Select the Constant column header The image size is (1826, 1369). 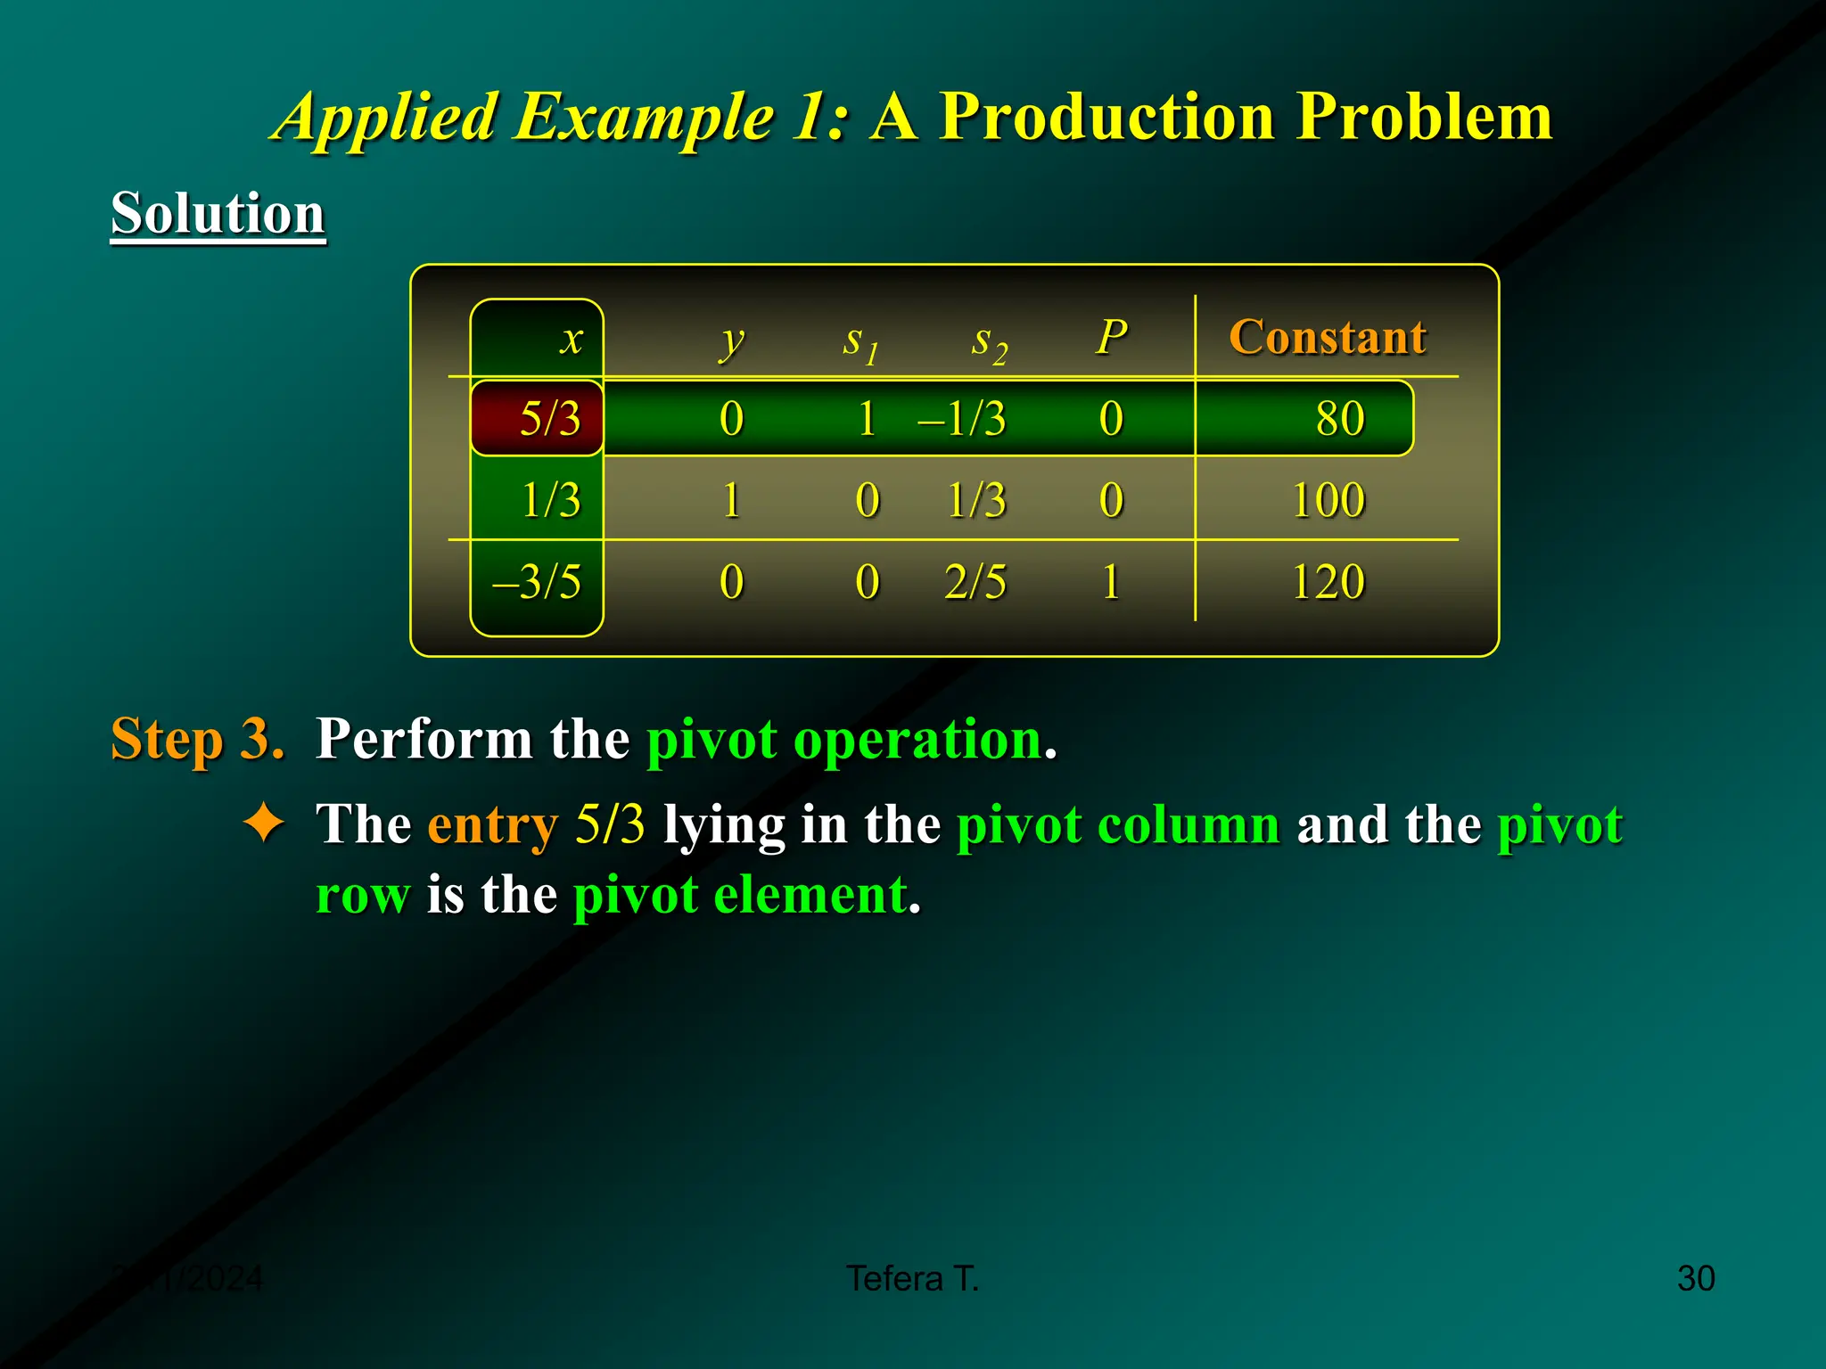click(1327, 337)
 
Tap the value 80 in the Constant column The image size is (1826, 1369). click(1339, 418)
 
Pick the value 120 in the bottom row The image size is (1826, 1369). click(1328, 582)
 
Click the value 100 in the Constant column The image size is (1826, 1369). click(1328, 500)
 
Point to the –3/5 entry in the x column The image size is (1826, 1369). click(537, 582)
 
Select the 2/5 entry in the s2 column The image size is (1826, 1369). click(975, 582)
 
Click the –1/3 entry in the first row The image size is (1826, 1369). click(963, 418)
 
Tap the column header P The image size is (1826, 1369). click(1111, 337)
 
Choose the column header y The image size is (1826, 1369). click(731, 340)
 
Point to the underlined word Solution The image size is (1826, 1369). click(218, 214)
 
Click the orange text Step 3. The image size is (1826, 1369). click(197, 739)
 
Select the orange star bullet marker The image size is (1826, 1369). click(264, 822)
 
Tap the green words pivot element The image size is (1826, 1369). click(739, 894)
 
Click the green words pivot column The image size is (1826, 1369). click(1118, 824)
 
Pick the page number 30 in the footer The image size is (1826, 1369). click(1695, 1278)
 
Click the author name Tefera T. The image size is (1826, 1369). click(912, 1278)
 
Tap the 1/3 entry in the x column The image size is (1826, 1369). click(550, 500)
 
